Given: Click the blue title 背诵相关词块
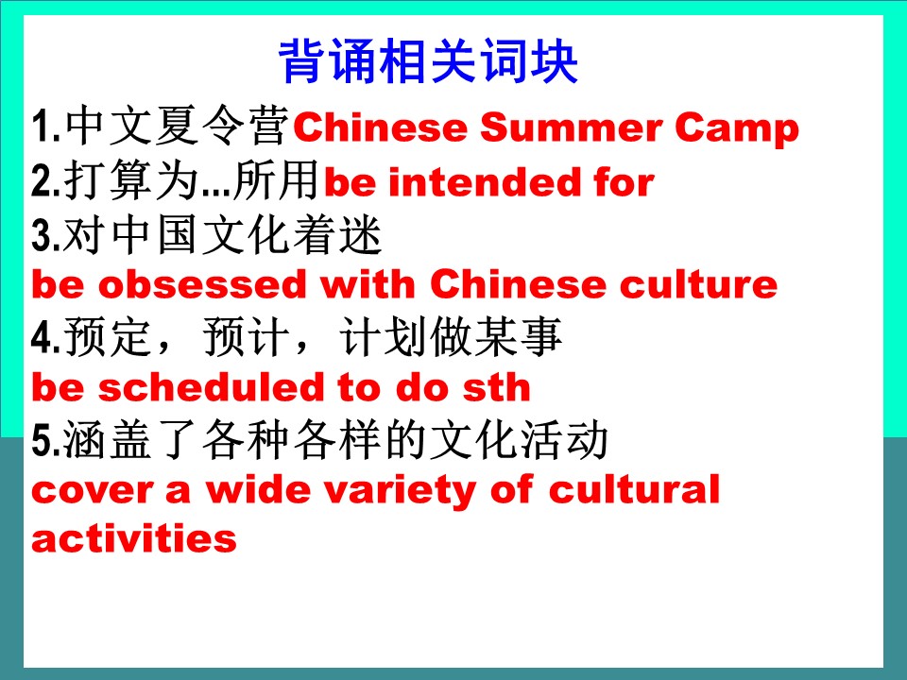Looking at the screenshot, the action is point(428,61).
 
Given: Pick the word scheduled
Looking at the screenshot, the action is point(211,386).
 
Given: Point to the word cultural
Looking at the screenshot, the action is point(634,489).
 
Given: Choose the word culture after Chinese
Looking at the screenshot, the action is point(699,284).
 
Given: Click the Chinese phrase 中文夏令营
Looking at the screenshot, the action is point(178,126).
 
